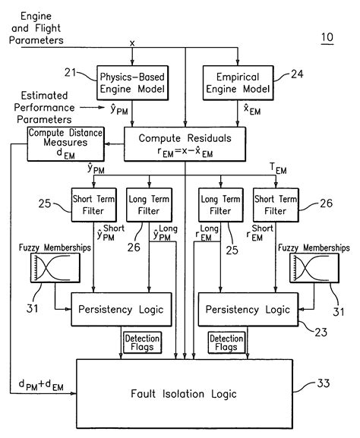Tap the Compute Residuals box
[185, 143]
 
